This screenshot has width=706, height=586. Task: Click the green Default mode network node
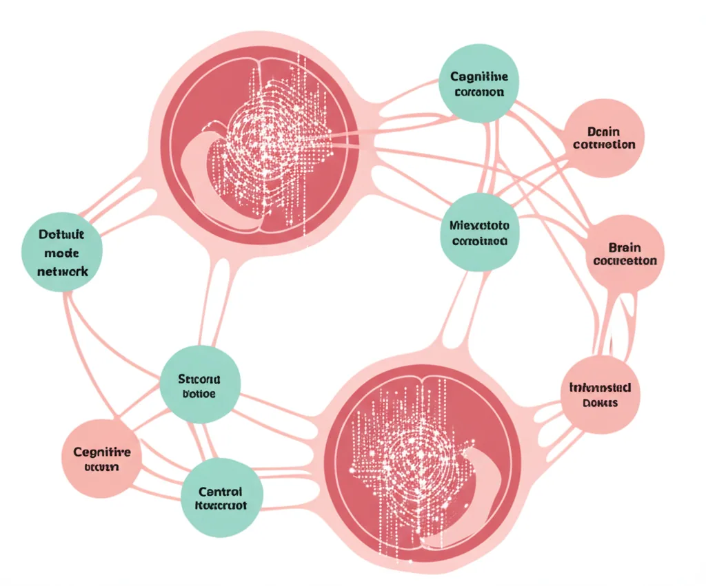(61, 252)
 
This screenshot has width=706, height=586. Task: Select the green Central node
(221, 497)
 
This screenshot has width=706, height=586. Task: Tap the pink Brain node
(625, 253)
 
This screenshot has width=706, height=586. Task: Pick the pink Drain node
(604, 138)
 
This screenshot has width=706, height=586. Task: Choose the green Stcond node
(200, 385)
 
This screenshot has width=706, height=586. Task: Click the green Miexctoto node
(479, 232)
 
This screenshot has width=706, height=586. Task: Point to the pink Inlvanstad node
(600, 395)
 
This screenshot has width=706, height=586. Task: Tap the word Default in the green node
(61, 235)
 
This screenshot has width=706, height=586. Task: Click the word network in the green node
(61, 271)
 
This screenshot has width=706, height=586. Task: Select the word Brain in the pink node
(625, 247)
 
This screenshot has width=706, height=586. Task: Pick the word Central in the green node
(220, 492)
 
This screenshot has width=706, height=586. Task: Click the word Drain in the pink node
(605, 131)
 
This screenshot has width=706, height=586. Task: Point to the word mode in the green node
(61, 253)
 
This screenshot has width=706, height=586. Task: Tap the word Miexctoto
(479, 224)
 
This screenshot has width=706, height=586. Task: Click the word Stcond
(199, 378)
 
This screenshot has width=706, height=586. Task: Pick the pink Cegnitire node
(101, 459)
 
